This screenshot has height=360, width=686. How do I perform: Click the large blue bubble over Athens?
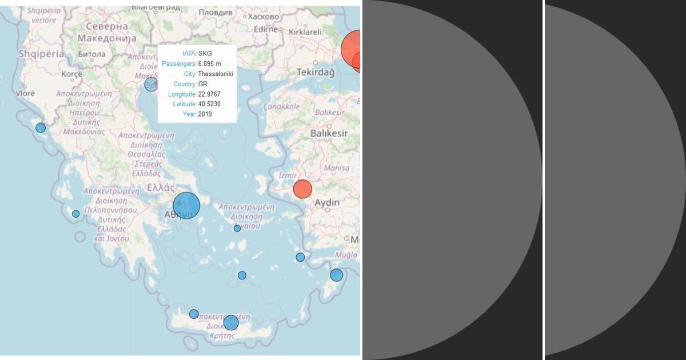186,206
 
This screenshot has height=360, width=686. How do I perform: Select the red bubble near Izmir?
302,189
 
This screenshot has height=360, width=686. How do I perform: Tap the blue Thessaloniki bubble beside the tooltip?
151,85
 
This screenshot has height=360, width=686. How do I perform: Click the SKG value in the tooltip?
205,54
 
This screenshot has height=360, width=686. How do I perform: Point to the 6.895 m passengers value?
209,63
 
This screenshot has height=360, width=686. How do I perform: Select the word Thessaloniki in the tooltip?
215,74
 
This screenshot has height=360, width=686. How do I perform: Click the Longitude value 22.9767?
209,94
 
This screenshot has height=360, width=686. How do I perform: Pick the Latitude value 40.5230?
209,104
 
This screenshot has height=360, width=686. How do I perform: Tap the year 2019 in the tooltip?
205,114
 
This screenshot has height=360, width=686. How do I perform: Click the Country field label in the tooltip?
185,84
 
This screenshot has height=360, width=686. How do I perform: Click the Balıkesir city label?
329,133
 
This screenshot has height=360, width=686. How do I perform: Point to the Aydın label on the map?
327,203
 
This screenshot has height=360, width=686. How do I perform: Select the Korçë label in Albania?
72,74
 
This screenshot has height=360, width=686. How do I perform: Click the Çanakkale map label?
281,106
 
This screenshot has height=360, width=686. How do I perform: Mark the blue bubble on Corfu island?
41,127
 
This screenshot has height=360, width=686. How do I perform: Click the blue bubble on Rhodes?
336,275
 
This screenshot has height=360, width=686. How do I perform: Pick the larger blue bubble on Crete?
230,323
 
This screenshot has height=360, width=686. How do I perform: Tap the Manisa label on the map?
336,169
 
